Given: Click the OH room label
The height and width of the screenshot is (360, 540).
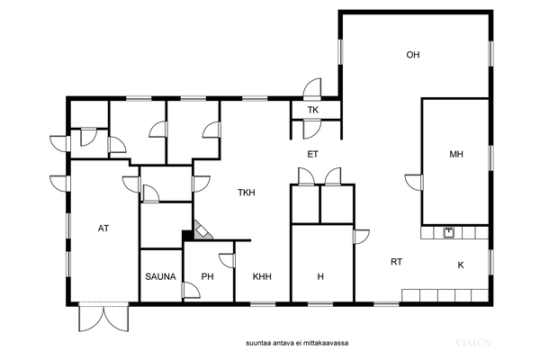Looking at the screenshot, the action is click(x=413, y=55).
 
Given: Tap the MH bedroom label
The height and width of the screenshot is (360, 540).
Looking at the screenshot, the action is click(x=456, y=154).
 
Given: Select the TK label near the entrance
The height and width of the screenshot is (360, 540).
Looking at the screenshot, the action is click(x=313, y=110).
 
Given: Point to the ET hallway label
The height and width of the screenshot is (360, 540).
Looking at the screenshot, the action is click(x=312, y=154).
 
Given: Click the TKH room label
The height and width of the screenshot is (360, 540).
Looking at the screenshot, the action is click(x=247, y=193).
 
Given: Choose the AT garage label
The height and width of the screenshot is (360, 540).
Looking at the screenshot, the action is click(x=103, y=228).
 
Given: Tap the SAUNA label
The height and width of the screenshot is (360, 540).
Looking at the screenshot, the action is click(x=160, y=276).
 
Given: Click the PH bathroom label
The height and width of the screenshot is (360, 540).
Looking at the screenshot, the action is click(x=207, y=276).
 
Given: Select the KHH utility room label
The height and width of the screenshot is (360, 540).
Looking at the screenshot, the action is click(x=262, y=276).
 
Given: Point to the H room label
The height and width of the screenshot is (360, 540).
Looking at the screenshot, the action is click(x=320, y=276).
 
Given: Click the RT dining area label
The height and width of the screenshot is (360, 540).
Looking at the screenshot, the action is click(x=396, y=262).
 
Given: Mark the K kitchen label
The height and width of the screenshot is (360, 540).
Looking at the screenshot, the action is click(x=461, y=265).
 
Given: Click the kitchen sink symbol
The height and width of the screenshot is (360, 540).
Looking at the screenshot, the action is click(x=448, y=233).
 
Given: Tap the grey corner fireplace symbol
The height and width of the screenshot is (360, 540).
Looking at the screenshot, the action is click(x=202, y=230).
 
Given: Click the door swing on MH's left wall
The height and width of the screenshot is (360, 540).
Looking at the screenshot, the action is click(x=414, y=182).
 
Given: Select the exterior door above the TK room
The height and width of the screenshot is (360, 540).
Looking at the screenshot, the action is click(x=312, y=89).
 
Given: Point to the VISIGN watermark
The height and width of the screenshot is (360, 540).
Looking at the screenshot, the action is click(x=473, y=343).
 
